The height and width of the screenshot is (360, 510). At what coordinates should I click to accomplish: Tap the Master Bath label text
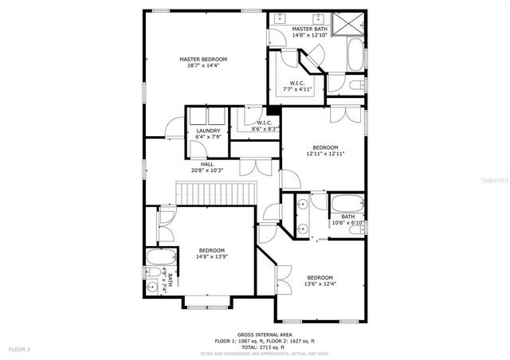pos(308,32)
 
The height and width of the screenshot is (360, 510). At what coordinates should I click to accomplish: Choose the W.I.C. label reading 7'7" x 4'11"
pos(296,86)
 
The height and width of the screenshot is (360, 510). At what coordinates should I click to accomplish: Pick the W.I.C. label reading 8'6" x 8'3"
pos(265,125)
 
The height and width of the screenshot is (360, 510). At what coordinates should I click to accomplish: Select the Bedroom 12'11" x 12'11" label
pos(325,151)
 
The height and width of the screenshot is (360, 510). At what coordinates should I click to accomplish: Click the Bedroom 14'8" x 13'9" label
pos(211,253)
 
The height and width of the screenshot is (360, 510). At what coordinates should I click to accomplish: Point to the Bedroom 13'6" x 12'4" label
pos(320,280)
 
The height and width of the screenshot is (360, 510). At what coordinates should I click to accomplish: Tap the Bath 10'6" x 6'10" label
pos(348,220)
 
